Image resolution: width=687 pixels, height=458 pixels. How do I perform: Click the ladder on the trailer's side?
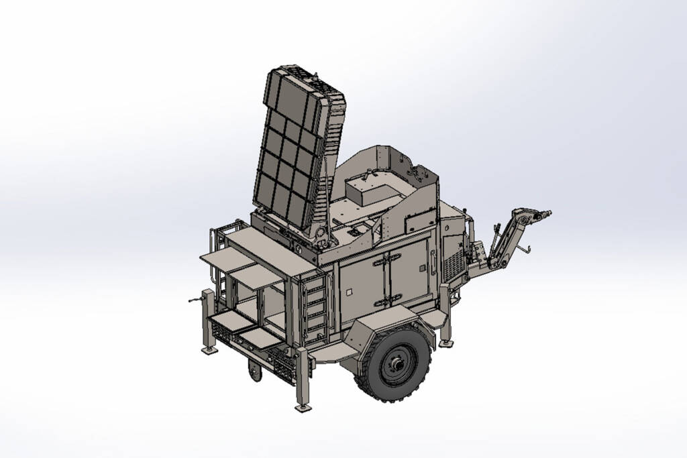pyautogui.click(x=315, y=305)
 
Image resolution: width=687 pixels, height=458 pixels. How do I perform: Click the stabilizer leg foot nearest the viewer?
pyautogui.click(x=303, y=406)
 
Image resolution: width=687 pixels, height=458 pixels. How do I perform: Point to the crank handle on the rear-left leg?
pyautogui.click(x=195, y=299)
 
